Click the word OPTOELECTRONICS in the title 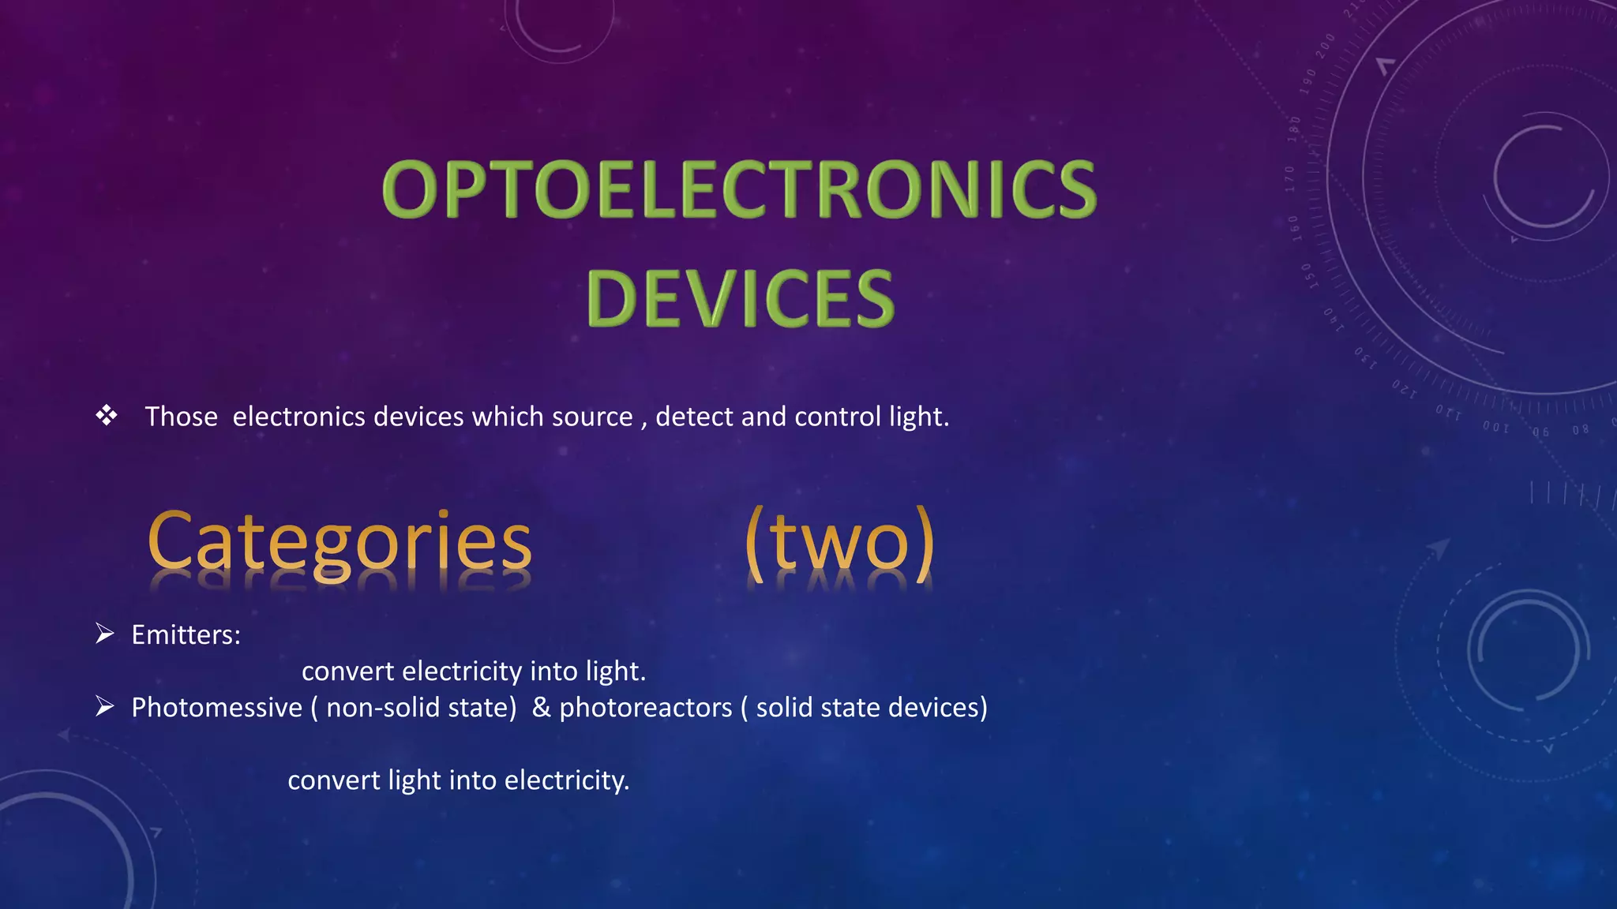point(739,189)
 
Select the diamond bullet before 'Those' point(107,415)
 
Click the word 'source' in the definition point(592,417)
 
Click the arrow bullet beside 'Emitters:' point(105,634)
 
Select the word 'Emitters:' point(186,635)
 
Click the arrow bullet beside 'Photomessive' point(105,706)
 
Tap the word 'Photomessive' point(216,708)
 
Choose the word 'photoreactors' point(646,708)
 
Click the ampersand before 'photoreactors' point(541,707)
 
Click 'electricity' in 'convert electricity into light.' point(462,671)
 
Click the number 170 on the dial point(1289,179)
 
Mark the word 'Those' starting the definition point(181,417)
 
